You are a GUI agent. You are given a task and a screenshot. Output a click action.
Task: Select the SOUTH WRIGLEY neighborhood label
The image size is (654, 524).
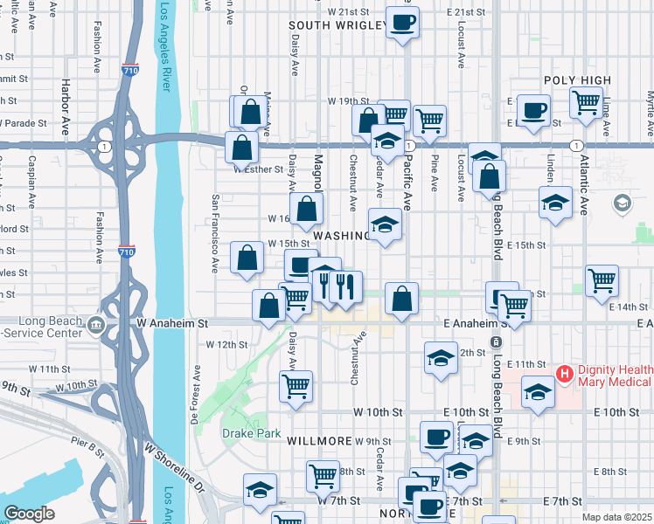coord(337,26)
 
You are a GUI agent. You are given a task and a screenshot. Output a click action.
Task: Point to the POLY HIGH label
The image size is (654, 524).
coord(577,80)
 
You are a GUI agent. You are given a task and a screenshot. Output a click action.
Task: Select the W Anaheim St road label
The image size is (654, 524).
coord(173,323)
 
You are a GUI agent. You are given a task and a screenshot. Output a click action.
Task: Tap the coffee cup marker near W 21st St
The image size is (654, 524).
coord(402,22)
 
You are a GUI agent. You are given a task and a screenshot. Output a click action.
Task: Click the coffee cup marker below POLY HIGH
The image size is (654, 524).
coord(533,110)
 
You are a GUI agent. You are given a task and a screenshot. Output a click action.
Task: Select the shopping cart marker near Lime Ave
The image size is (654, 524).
coord(586,101)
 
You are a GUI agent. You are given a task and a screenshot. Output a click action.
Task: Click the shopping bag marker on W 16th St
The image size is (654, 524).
coord(306,209)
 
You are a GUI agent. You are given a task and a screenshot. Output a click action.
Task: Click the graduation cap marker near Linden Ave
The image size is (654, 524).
coord(554,203)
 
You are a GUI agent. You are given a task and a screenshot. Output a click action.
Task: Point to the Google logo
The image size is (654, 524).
coord(30,514)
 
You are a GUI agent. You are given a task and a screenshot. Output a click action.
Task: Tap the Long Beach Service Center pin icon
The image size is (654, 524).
coord(95,327)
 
